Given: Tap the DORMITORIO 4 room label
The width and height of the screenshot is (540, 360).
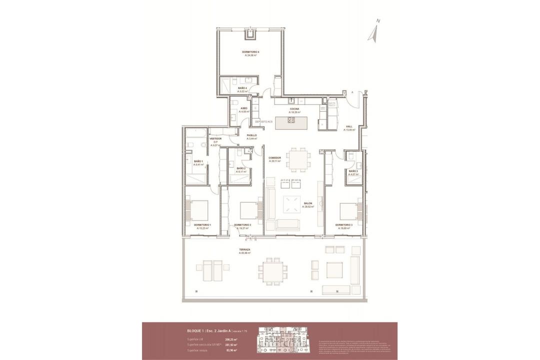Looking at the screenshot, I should [x=250, y=52].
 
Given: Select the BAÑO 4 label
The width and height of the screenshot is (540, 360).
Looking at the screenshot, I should [x=242, y=88].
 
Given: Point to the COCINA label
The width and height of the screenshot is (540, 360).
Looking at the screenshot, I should [x=294, y=109].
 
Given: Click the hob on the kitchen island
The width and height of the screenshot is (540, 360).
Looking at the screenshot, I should [x=291, y=120].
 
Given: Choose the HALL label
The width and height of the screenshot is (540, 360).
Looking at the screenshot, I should [x=349, y=126].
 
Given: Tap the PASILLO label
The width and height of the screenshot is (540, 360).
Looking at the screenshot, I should [x=251, y=135].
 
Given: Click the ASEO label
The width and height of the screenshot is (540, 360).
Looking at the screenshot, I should [x=244, y=108].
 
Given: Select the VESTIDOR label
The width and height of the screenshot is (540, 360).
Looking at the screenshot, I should [x=215, y=138].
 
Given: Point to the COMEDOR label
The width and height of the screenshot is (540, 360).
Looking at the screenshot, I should [x=275, y=158].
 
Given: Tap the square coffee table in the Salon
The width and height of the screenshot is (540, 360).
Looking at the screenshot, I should [x=292, y=204].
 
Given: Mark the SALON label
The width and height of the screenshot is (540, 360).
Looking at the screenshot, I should [x=308, y=203].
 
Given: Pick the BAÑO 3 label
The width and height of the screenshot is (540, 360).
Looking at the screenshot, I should [x=354, y=171].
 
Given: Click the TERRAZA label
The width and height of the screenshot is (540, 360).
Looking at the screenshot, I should [x=244, y=249].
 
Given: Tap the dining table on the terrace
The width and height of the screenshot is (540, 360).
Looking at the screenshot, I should [x=272, y=271].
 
